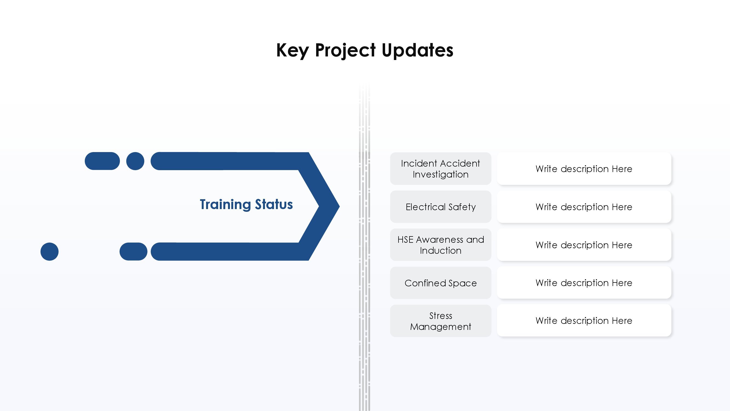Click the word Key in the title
tap(292, 50)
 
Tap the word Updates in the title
tap(417, 50)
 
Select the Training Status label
tap(246, 204)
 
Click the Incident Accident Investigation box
tap(441, 169)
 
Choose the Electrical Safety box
tap(441, 207)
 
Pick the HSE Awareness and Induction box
tap(441, 245)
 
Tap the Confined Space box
tap(441, 283)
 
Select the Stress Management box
tap(441, 321)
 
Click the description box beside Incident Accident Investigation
tap(584, 169)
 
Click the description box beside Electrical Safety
tap(584, 207)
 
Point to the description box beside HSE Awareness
tap(584, 245)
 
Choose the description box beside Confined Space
tap(584, 283)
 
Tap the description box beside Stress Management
tap(584, 321)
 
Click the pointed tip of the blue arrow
tap(339, 206)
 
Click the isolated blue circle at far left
tap(50, 252)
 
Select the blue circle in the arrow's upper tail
tap(135, 161)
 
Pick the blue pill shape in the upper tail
tap(102, 161)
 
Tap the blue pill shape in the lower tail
tap(134, 252)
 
